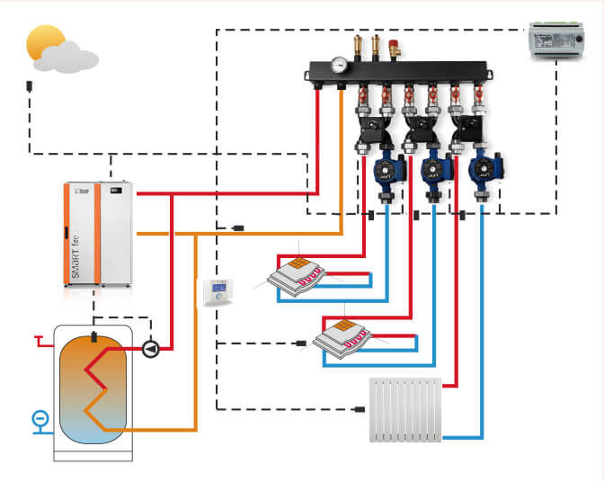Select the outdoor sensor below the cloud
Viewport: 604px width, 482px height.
pos(30,87)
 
